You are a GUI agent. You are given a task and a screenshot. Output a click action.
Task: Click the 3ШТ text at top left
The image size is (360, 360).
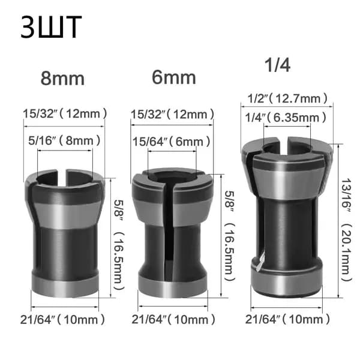51,27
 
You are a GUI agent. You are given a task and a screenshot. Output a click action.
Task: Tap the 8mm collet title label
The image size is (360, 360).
62,79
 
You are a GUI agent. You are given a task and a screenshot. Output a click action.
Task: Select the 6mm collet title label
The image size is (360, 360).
174,77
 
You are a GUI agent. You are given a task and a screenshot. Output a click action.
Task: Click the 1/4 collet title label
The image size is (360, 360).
277,65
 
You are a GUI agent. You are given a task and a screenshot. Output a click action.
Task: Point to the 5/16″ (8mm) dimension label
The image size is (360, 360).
64,140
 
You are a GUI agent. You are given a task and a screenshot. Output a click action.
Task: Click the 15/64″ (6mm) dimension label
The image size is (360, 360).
172,142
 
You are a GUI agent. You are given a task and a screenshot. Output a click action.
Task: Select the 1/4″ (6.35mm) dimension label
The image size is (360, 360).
286,118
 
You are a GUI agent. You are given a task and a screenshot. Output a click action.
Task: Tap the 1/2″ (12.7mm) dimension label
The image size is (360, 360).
287,98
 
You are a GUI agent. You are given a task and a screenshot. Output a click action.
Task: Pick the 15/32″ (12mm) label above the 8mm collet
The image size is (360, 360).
65,113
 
